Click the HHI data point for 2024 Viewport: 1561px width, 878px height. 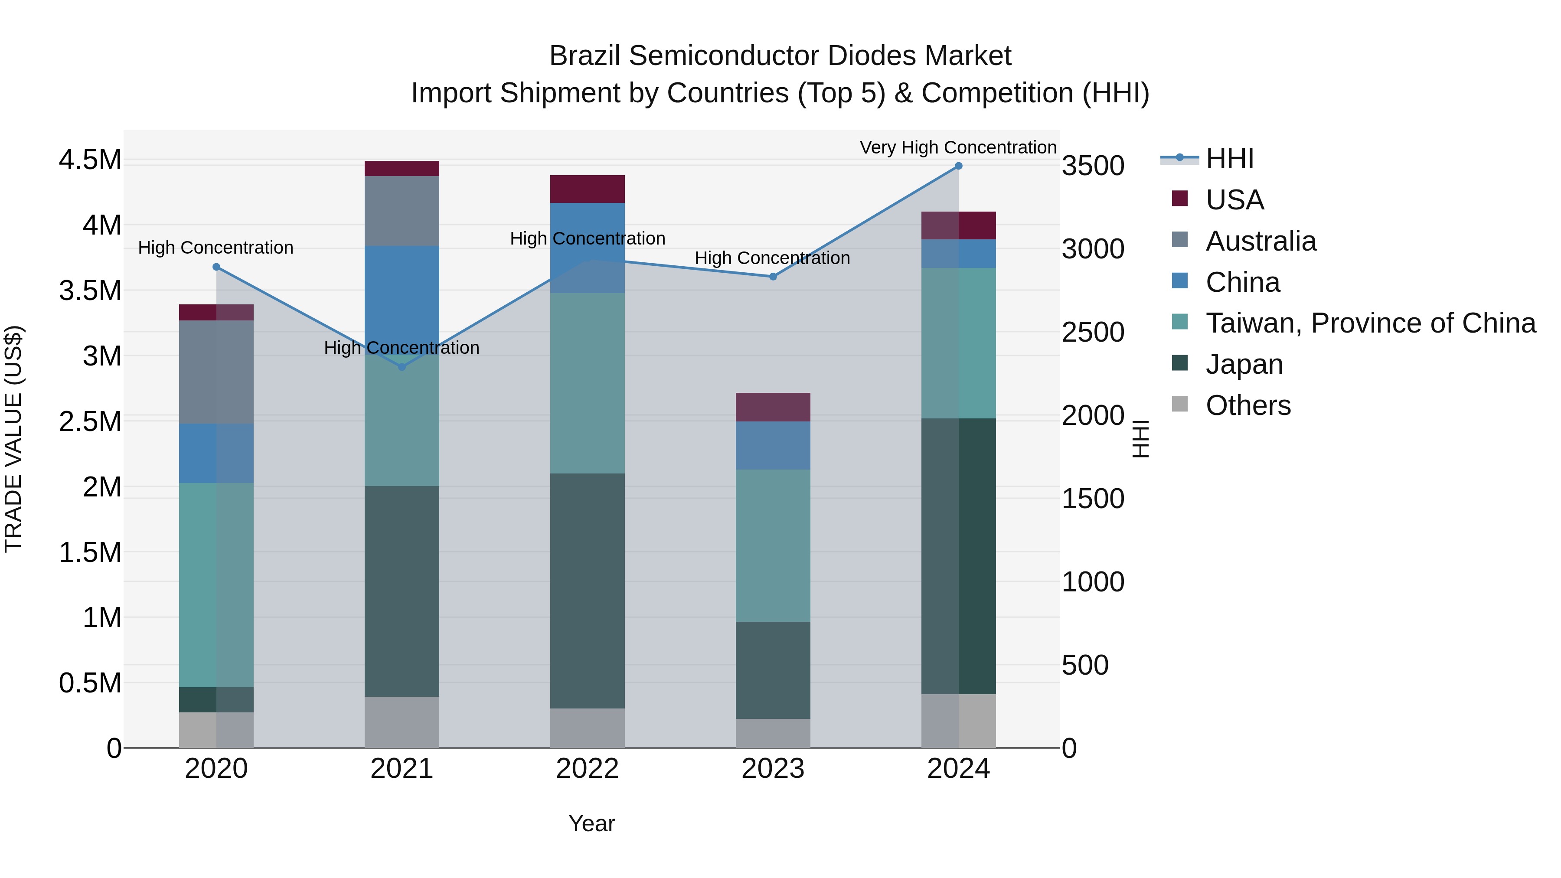click(x=958, y=166)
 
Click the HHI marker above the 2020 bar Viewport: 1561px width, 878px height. click(x=216, y=267)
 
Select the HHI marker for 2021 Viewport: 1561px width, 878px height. click(x=402, y=367)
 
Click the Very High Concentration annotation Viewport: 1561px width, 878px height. click(x=957, y=147)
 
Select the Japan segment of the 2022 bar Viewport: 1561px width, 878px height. click(x=587, y=591)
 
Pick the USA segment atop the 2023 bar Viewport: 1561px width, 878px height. click(x=773, y=407)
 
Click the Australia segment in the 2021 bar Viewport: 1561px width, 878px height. click(x=402, y=210)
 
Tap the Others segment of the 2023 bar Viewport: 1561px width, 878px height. click(x=773, y=733)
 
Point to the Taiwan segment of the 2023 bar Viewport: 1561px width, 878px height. click(x=773, y=545)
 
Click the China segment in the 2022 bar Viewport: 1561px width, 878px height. click(x=587, y=248)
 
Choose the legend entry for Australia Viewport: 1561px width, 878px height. click(x=1261, y=241)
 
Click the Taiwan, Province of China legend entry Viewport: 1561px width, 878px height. click(x=1369, y=323)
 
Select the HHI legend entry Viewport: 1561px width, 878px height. click(x=1229, y=159)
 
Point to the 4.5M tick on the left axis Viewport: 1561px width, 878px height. click(x=90, y=160)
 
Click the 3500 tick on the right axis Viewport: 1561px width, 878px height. click(x=1093, y=166)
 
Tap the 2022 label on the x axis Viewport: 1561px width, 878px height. click(x=587, y=769)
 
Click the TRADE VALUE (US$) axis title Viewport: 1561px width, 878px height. click(x=13, y=439)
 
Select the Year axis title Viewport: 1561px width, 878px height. click(x=591, y=823)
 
